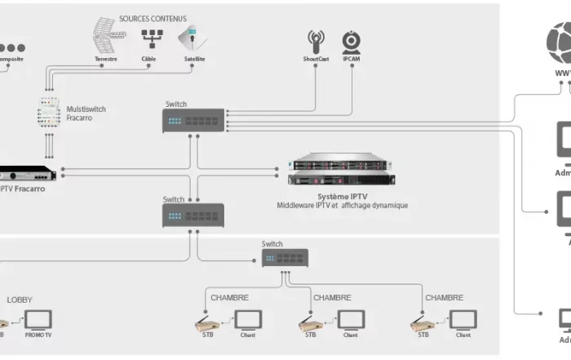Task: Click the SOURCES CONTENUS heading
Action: click(153, 18)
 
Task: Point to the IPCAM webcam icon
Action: click(352, 42)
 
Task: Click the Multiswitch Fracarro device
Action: click(48, 113)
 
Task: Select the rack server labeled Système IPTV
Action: click(340, 168)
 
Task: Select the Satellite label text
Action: click(194, 60)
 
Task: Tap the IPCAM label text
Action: click(352, 60)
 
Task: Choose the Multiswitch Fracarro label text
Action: click(86, 113)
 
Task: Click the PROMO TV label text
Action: click(38, 335)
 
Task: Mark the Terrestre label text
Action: click(106, 60)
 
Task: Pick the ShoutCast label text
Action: click(316, 60)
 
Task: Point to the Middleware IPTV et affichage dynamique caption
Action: click(342, 206)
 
